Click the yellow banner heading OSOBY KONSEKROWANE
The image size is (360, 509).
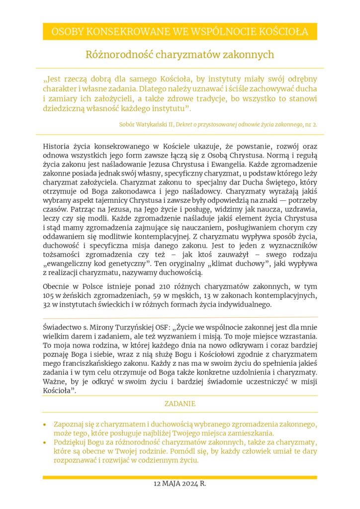[x=180, y=32]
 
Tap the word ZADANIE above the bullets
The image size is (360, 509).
[x=180, y=404]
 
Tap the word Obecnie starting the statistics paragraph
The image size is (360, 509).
[x=56, y=287]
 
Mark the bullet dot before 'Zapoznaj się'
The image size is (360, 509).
[x=45, y=425]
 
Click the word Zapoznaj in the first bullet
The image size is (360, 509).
[x=68, y=424]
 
